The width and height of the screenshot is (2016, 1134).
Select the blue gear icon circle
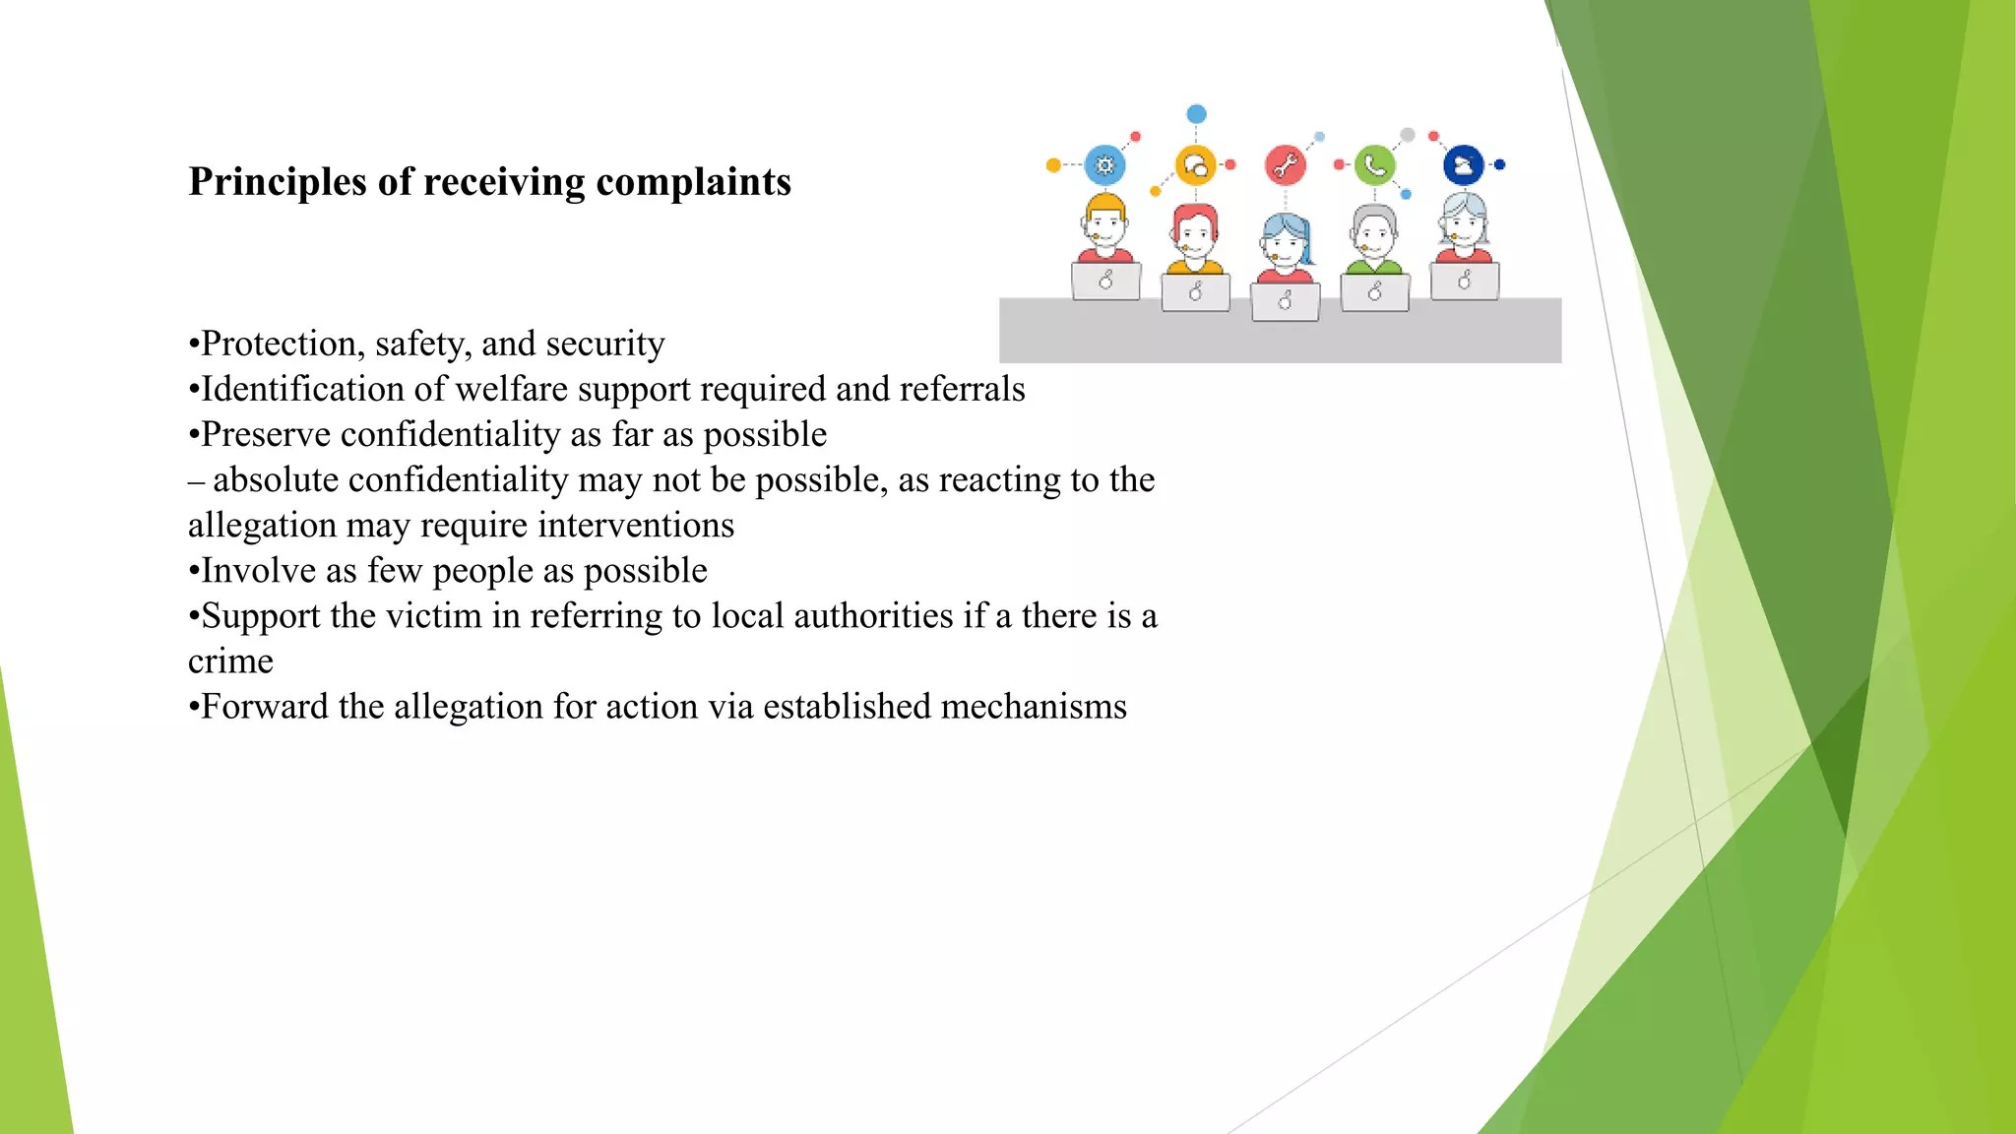click(x=1104, y=165)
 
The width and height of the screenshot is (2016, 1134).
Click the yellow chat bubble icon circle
click(x=1195, y=165)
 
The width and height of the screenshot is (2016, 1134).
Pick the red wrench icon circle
click(x=1285, y=165)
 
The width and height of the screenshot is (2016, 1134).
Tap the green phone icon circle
click(x=1374, y=165)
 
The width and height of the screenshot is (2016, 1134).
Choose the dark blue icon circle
click(x=1464, y=165)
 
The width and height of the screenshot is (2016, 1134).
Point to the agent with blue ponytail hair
click(x=1286, y=246)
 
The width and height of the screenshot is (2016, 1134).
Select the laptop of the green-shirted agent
click(x=1374, y=291)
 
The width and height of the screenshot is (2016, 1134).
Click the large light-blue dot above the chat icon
click(x=1196, y=114)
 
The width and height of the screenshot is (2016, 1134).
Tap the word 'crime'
click(x=230, y=661)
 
